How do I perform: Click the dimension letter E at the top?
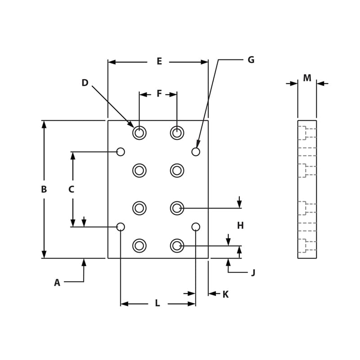[x=159, y=62]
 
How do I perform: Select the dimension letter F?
[x=159, y=94]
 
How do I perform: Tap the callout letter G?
[x=251, y=60]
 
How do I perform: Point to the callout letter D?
[x=85, y=83]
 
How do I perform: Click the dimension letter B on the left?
[x=44, y=189]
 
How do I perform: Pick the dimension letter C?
[x=71, y=189]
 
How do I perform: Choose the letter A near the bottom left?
[x=57, y=283]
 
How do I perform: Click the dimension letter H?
[x=240, y=225]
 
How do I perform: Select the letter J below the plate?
[x=253, y=273]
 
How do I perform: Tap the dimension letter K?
[x=225, y=294]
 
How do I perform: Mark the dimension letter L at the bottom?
[x=157, y=303]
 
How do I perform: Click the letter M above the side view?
[x=307, y=78]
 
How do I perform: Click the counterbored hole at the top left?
[x=139, y=133]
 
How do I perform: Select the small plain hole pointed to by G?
[x=196, y=152]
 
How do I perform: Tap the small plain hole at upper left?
[x=121, y=152]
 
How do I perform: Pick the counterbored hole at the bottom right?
[x=177, y=246]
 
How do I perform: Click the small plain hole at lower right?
[x=196, y=227]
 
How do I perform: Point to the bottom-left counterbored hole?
[x=139, y=246]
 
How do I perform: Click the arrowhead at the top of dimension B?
[x=44, y=124]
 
